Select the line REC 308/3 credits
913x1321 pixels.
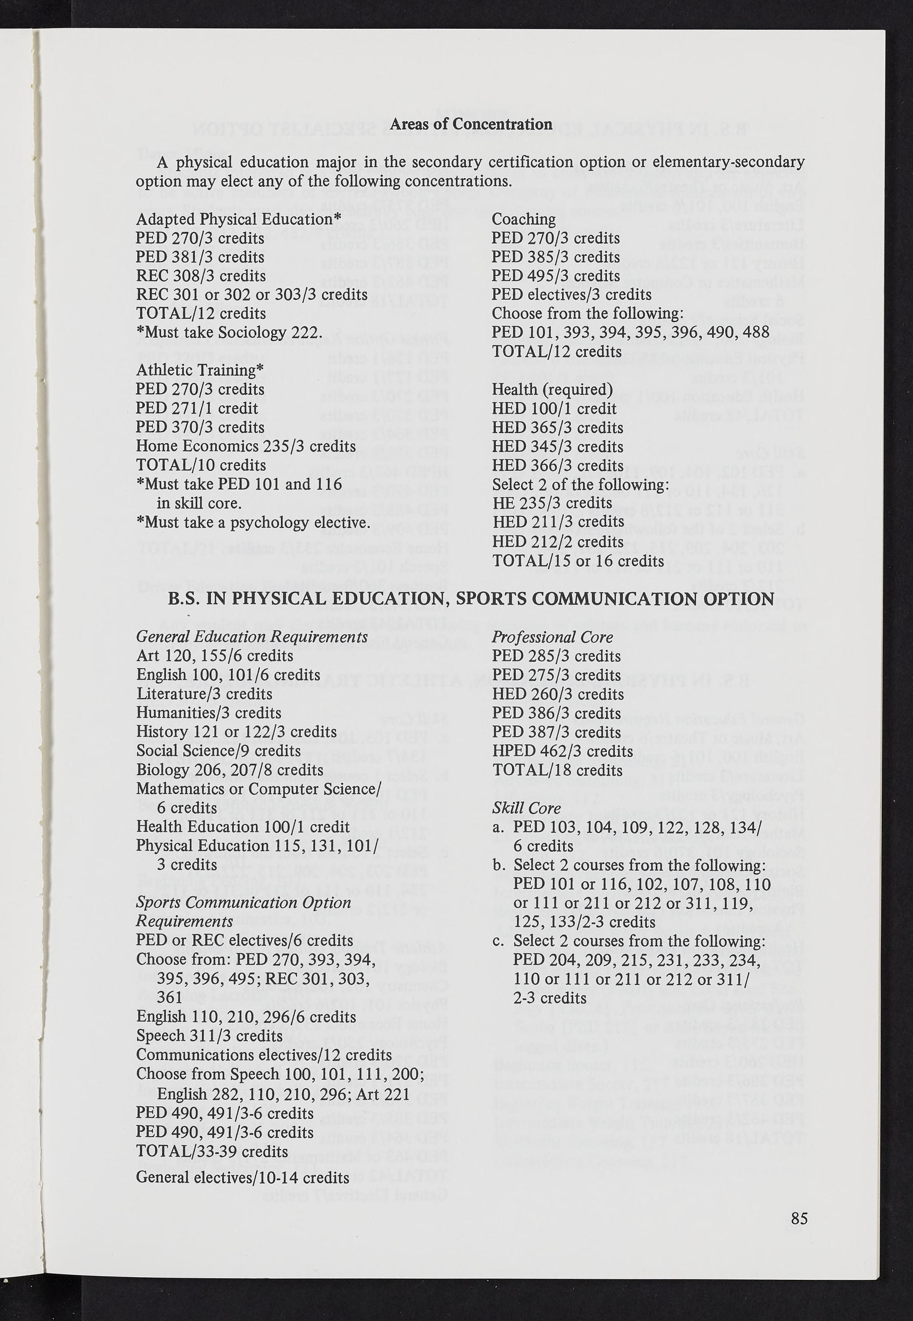pyautogui.click(x=201, y=276)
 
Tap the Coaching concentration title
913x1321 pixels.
pyautogui.click(x=523, y=219)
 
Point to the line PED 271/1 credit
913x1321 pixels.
pyautogui.click(x=197, y=409)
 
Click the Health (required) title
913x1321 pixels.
pyautogui.click(x=552, y=389)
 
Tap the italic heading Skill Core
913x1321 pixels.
pyautogui.click(x=526, y=808)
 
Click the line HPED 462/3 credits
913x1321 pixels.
pyautogui.click(x=562, y=751)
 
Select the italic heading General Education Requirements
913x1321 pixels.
pyautogui.click(x=252, y=637)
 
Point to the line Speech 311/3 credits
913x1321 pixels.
pyautogui.click(x=209, y=1036)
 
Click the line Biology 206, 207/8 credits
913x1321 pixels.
pyautogui.click(x=230, y=770)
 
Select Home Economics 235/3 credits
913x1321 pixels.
pyautogui.click(x=245, y=446)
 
